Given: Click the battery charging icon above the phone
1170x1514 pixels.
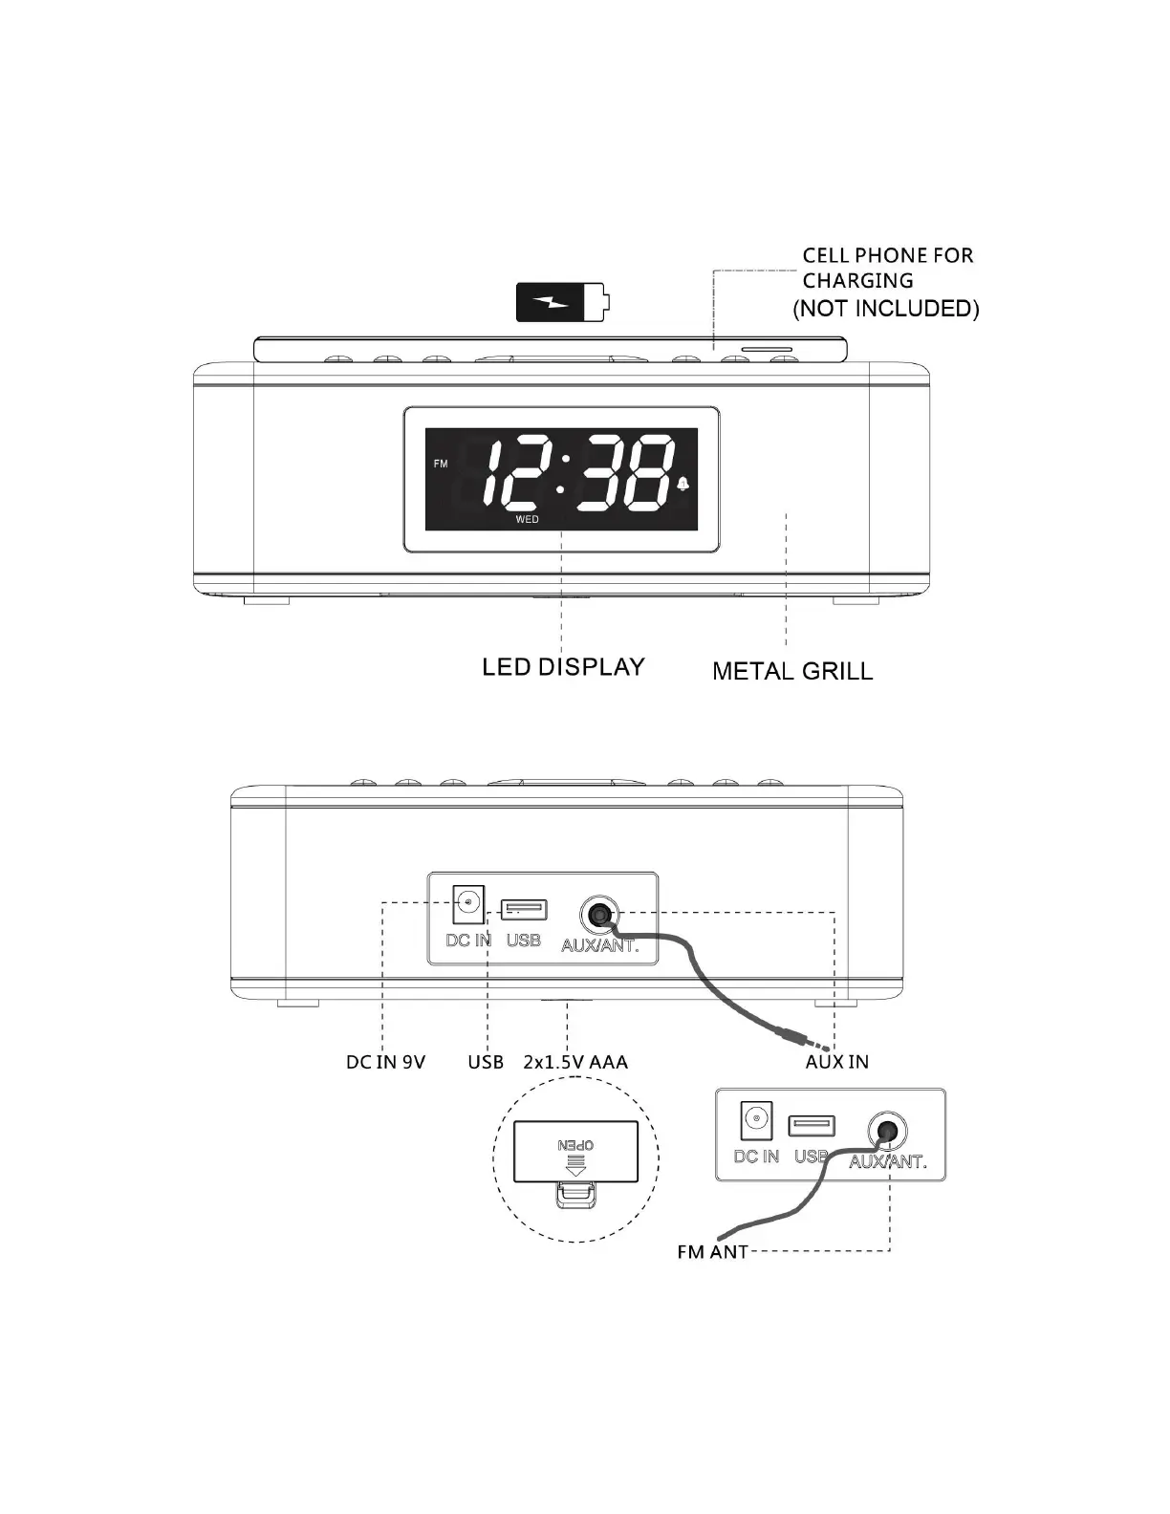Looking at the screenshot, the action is pyautogui.click(x=561, y=302).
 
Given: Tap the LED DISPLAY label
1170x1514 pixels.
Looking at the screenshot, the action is pyautogui.click(x=563, y=666).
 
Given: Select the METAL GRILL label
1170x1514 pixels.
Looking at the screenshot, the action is pyautogui.click(x=792, y=671).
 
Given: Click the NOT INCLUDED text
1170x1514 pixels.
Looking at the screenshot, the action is pyautogui.click(x=886, y=308).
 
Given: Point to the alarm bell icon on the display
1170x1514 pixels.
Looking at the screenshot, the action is pyautogui.click(x=682, y=485).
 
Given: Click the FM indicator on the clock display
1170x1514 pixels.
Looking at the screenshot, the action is pyautogui.click(x=441, y=465).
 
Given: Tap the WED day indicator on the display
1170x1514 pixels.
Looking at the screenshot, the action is pyautogui.click(x=527, y=520).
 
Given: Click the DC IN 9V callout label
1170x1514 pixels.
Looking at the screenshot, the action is pyautogui.click(x=385, y=1062).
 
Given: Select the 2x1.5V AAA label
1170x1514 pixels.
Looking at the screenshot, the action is pyautogui.click(x=575, y=1062).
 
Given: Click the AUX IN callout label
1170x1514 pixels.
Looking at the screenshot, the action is pyautogui.click(x=836, y=1062).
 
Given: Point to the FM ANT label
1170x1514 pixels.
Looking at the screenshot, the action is pyautogui.click(x=712, y=1252).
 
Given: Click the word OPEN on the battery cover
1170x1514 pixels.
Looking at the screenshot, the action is pyautogui.click(x=576, y=1145).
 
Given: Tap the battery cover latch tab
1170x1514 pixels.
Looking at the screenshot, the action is pyautogui.click(x=575, y=1194).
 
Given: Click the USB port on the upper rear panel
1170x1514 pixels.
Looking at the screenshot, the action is pyautogui.click(x=524, y=908).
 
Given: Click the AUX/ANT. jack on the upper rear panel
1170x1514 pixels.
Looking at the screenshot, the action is pyautogui.click(x=599, y=914).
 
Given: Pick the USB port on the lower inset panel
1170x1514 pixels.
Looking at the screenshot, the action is pyautogui.click(x=811, y=1125).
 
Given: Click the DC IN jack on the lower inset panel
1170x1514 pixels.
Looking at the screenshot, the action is pyautogui.click(x=756, y=1119).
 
